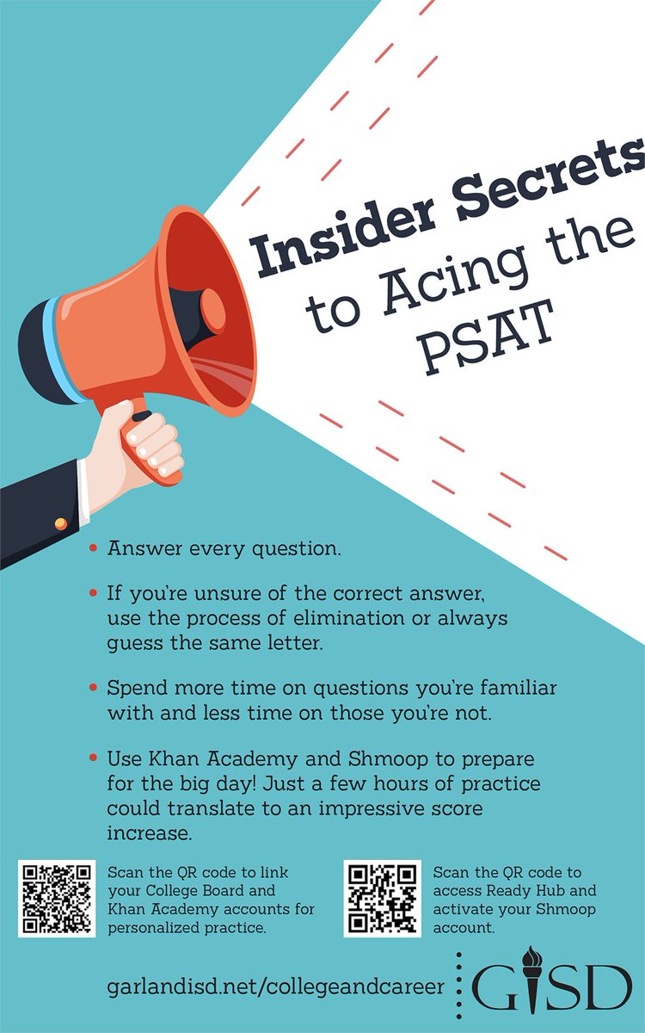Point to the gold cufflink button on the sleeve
[x=60, y=523]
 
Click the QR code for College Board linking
[x=57, y=899]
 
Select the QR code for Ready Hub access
[x=383, y=899]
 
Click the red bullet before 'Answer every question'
[x=92, y=547]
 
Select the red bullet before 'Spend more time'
[x=92, y=689]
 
